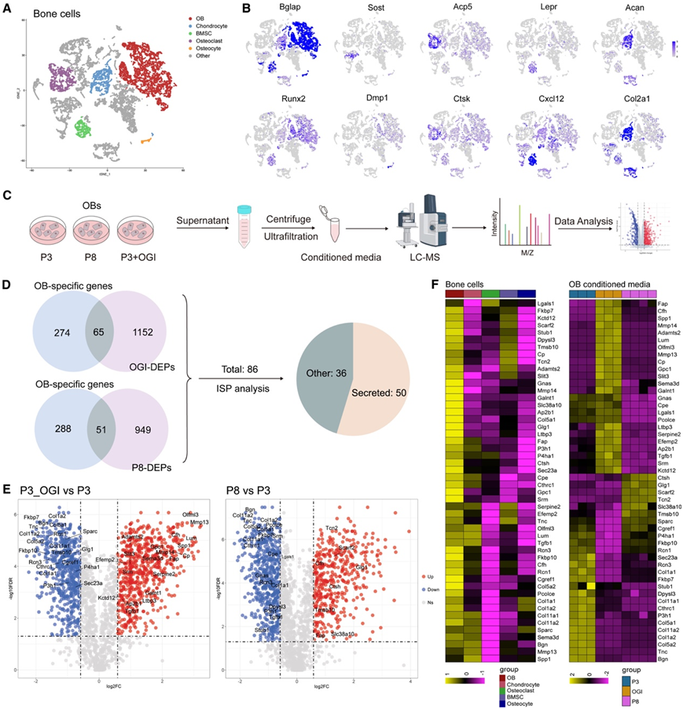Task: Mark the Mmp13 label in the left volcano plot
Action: (x=200, y=522)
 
